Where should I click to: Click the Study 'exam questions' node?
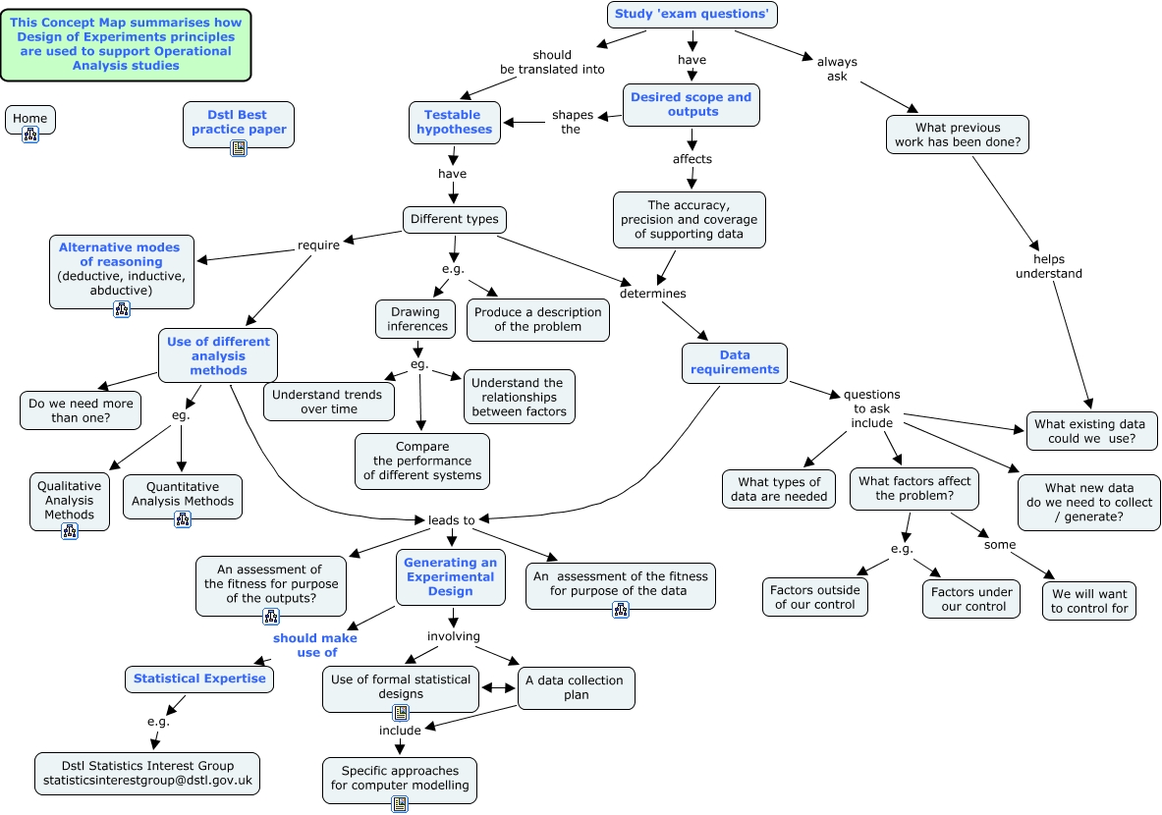coord(692,14)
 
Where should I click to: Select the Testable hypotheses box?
coord(454,122)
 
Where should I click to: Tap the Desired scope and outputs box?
coord(691,104)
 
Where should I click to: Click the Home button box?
coord(30,119)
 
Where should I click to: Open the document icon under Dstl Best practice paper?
coord(239,148)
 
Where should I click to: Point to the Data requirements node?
coord(734,362)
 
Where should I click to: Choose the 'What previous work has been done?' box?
coord(957,135)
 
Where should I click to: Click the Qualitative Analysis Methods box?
coord(70,500)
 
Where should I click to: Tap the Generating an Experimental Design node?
coord(451,576)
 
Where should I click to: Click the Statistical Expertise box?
coord(199,679)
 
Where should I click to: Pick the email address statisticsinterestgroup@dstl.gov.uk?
coord(148,782)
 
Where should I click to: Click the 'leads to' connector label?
coord(451,520)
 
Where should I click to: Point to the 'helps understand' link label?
coord(1048,266)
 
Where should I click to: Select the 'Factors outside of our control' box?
coord(814,597)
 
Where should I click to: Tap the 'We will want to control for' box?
coord(1089,601)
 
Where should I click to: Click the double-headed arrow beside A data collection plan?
coord(498,688)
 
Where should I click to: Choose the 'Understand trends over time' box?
coord(329,402)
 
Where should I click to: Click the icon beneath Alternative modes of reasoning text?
coord(122,309)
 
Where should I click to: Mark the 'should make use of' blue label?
coord(314,645)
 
